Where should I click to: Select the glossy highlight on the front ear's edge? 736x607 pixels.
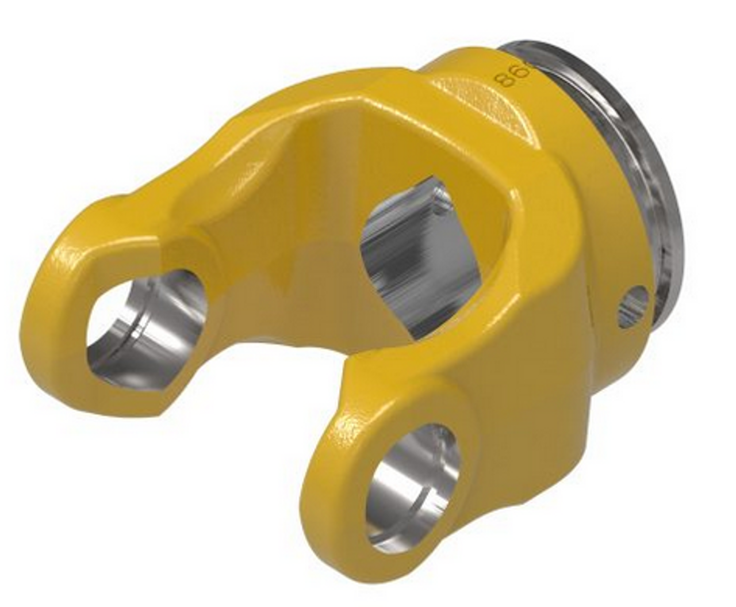[x=351, y=426]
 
